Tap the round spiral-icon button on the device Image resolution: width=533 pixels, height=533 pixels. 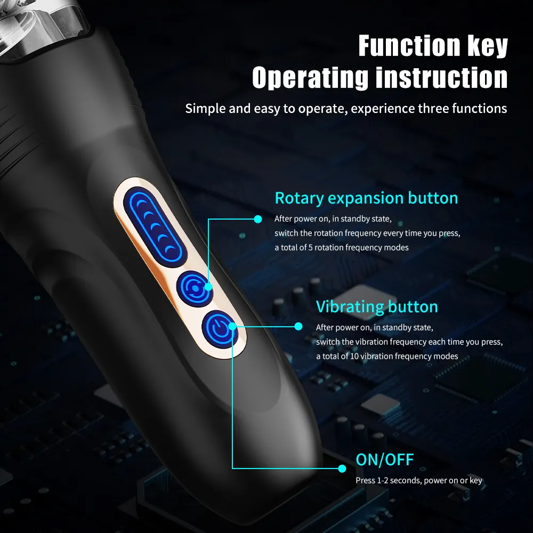tap(192, 288)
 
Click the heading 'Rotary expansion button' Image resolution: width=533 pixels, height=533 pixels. tap(366, 198)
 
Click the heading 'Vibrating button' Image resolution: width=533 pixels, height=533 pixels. tap(376, 307)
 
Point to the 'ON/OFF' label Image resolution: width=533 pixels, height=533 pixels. tap(384, 459)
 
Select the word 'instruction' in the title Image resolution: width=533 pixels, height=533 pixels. tap(441, 77)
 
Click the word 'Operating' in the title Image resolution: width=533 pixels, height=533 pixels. tap(310, 77)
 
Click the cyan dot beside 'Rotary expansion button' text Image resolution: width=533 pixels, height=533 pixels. tap(258, 219)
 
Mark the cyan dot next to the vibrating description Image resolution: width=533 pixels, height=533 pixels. tap(298, 326)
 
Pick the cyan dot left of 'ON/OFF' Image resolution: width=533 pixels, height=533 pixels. tap(342, 469)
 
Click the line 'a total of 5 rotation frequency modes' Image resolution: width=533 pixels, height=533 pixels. tap(341, 247)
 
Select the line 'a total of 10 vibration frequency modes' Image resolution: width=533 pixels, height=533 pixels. tap(386, 356)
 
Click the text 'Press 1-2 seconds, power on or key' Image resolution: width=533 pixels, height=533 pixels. tap(418, 481)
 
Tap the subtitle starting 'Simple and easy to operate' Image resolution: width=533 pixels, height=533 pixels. tap(346, 109)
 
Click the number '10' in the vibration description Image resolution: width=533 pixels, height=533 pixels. tap(354, 356)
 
